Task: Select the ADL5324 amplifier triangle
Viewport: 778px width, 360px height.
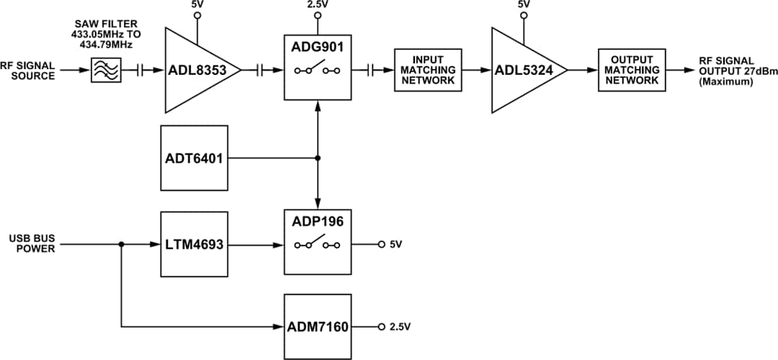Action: pyautogui.click(x=522, y=70)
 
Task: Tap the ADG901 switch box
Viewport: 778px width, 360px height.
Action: pyautogui.click(x=318, y=70)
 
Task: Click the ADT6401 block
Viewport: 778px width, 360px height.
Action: pyautogui.click(x=194, y=158)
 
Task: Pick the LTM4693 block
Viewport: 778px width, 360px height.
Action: pyautogui.click(x=194, y=245)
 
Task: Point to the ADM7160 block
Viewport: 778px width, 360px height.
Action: pyautogui.click(x=318, y=327)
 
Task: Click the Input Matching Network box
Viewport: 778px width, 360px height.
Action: pyautogui.click(x=429, y=70)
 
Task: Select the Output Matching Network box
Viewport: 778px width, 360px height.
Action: pyautogui.click(x=632, y=70)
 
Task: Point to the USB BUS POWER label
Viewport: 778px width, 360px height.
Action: pyautogui.click(x=28, y=242)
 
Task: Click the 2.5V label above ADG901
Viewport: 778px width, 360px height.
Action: pyautogui.click(x=318, y=5)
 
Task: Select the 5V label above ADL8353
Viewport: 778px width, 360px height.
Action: pyautogui.click(x=197, y=5)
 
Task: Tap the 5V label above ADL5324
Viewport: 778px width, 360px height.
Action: pyautogui.click(x=524, y=5)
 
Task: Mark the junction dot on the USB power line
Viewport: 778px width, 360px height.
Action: pyautogui.click(x=120, y=245)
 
